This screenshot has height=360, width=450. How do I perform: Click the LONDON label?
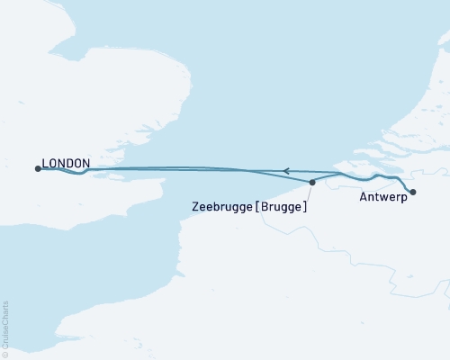(66, 163)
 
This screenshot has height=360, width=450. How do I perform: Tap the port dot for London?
(37, 168)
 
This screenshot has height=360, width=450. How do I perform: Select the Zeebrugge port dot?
(312, 183)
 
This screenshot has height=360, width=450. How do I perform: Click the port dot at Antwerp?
(412, 192)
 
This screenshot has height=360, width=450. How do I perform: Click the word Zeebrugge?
(222, 206)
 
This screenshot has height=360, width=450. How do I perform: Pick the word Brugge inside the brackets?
(283, 206)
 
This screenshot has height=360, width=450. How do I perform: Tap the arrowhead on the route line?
(285, 170)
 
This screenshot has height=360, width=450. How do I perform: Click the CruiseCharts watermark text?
(6, 324)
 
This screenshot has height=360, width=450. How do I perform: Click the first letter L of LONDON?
(44, 163)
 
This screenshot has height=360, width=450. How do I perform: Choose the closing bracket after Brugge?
(306, 206)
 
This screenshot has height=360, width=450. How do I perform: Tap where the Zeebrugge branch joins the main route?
(339, 173)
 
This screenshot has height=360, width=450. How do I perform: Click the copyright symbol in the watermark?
(6, 354)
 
